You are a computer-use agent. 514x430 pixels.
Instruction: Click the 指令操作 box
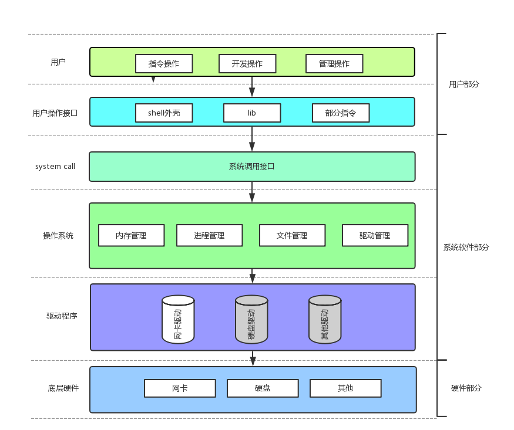click(x=164, y=63)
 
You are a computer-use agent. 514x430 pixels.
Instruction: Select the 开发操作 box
click(x=247, y=63)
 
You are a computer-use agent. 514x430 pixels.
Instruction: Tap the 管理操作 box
click(x=334, y=63)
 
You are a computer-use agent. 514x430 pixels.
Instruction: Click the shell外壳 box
click(x=164, y=113)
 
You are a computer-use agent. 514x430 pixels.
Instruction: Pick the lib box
click(x=252, y=113)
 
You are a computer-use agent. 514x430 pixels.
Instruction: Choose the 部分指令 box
click(x=341, y=113)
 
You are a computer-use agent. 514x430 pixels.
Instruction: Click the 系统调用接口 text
click(x=252, y=167)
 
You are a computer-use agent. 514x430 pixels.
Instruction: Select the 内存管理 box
click(x=131, y=235)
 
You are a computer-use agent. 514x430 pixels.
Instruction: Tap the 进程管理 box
click(x=210, y=235)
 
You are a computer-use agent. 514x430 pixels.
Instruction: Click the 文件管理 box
click(x=292, y=235)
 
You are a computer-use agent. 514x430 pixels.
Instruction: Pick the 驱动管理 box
click(x=375, y=235)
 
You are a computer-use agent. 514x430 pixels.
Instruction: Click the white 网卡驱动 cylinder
click(x=178, y=319)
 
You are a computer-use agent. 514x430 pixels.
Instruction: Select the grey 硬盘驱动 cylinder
click(x=251, y=319)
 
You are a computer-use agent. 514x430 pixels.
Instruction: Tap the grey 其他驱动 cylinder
click(x=325, y=319)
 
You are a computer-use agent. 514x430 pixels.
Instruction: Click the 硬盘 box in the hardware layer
click(x=263, y=388)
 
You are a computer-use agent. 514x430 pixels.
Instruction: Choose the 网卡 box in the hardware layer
click(x=180, y=388)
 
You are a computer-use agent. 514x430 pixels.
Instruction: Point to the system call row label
click(x=55, y=166)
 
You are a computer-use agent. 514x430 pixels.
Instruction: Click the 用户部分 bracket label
click(x=464, y=84)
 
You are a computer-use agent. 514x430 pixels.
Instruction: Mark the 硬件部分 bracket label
click(x=466, y=388)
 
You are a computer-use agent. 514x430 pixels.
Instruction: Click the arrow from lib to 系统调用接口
click(x=252, y=139)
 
